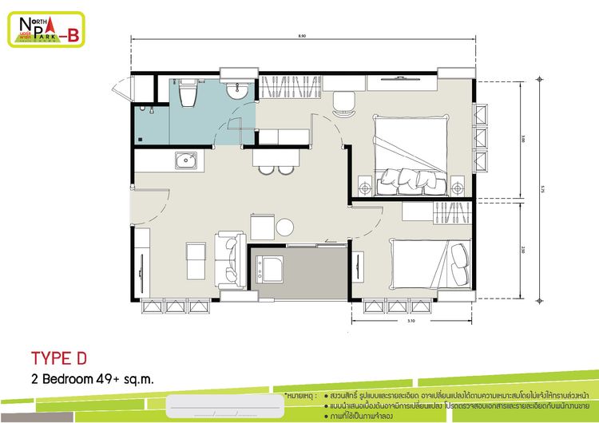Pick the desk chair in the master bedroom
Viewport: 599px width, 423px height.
coord(343,102)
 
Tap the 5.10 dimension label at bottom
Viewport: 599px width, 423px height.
coord(411,321)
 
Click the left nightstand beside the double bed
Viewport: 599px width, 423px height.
coord(364,188)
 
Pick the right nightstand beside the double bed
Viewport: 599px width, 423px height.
coord(458,188)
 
